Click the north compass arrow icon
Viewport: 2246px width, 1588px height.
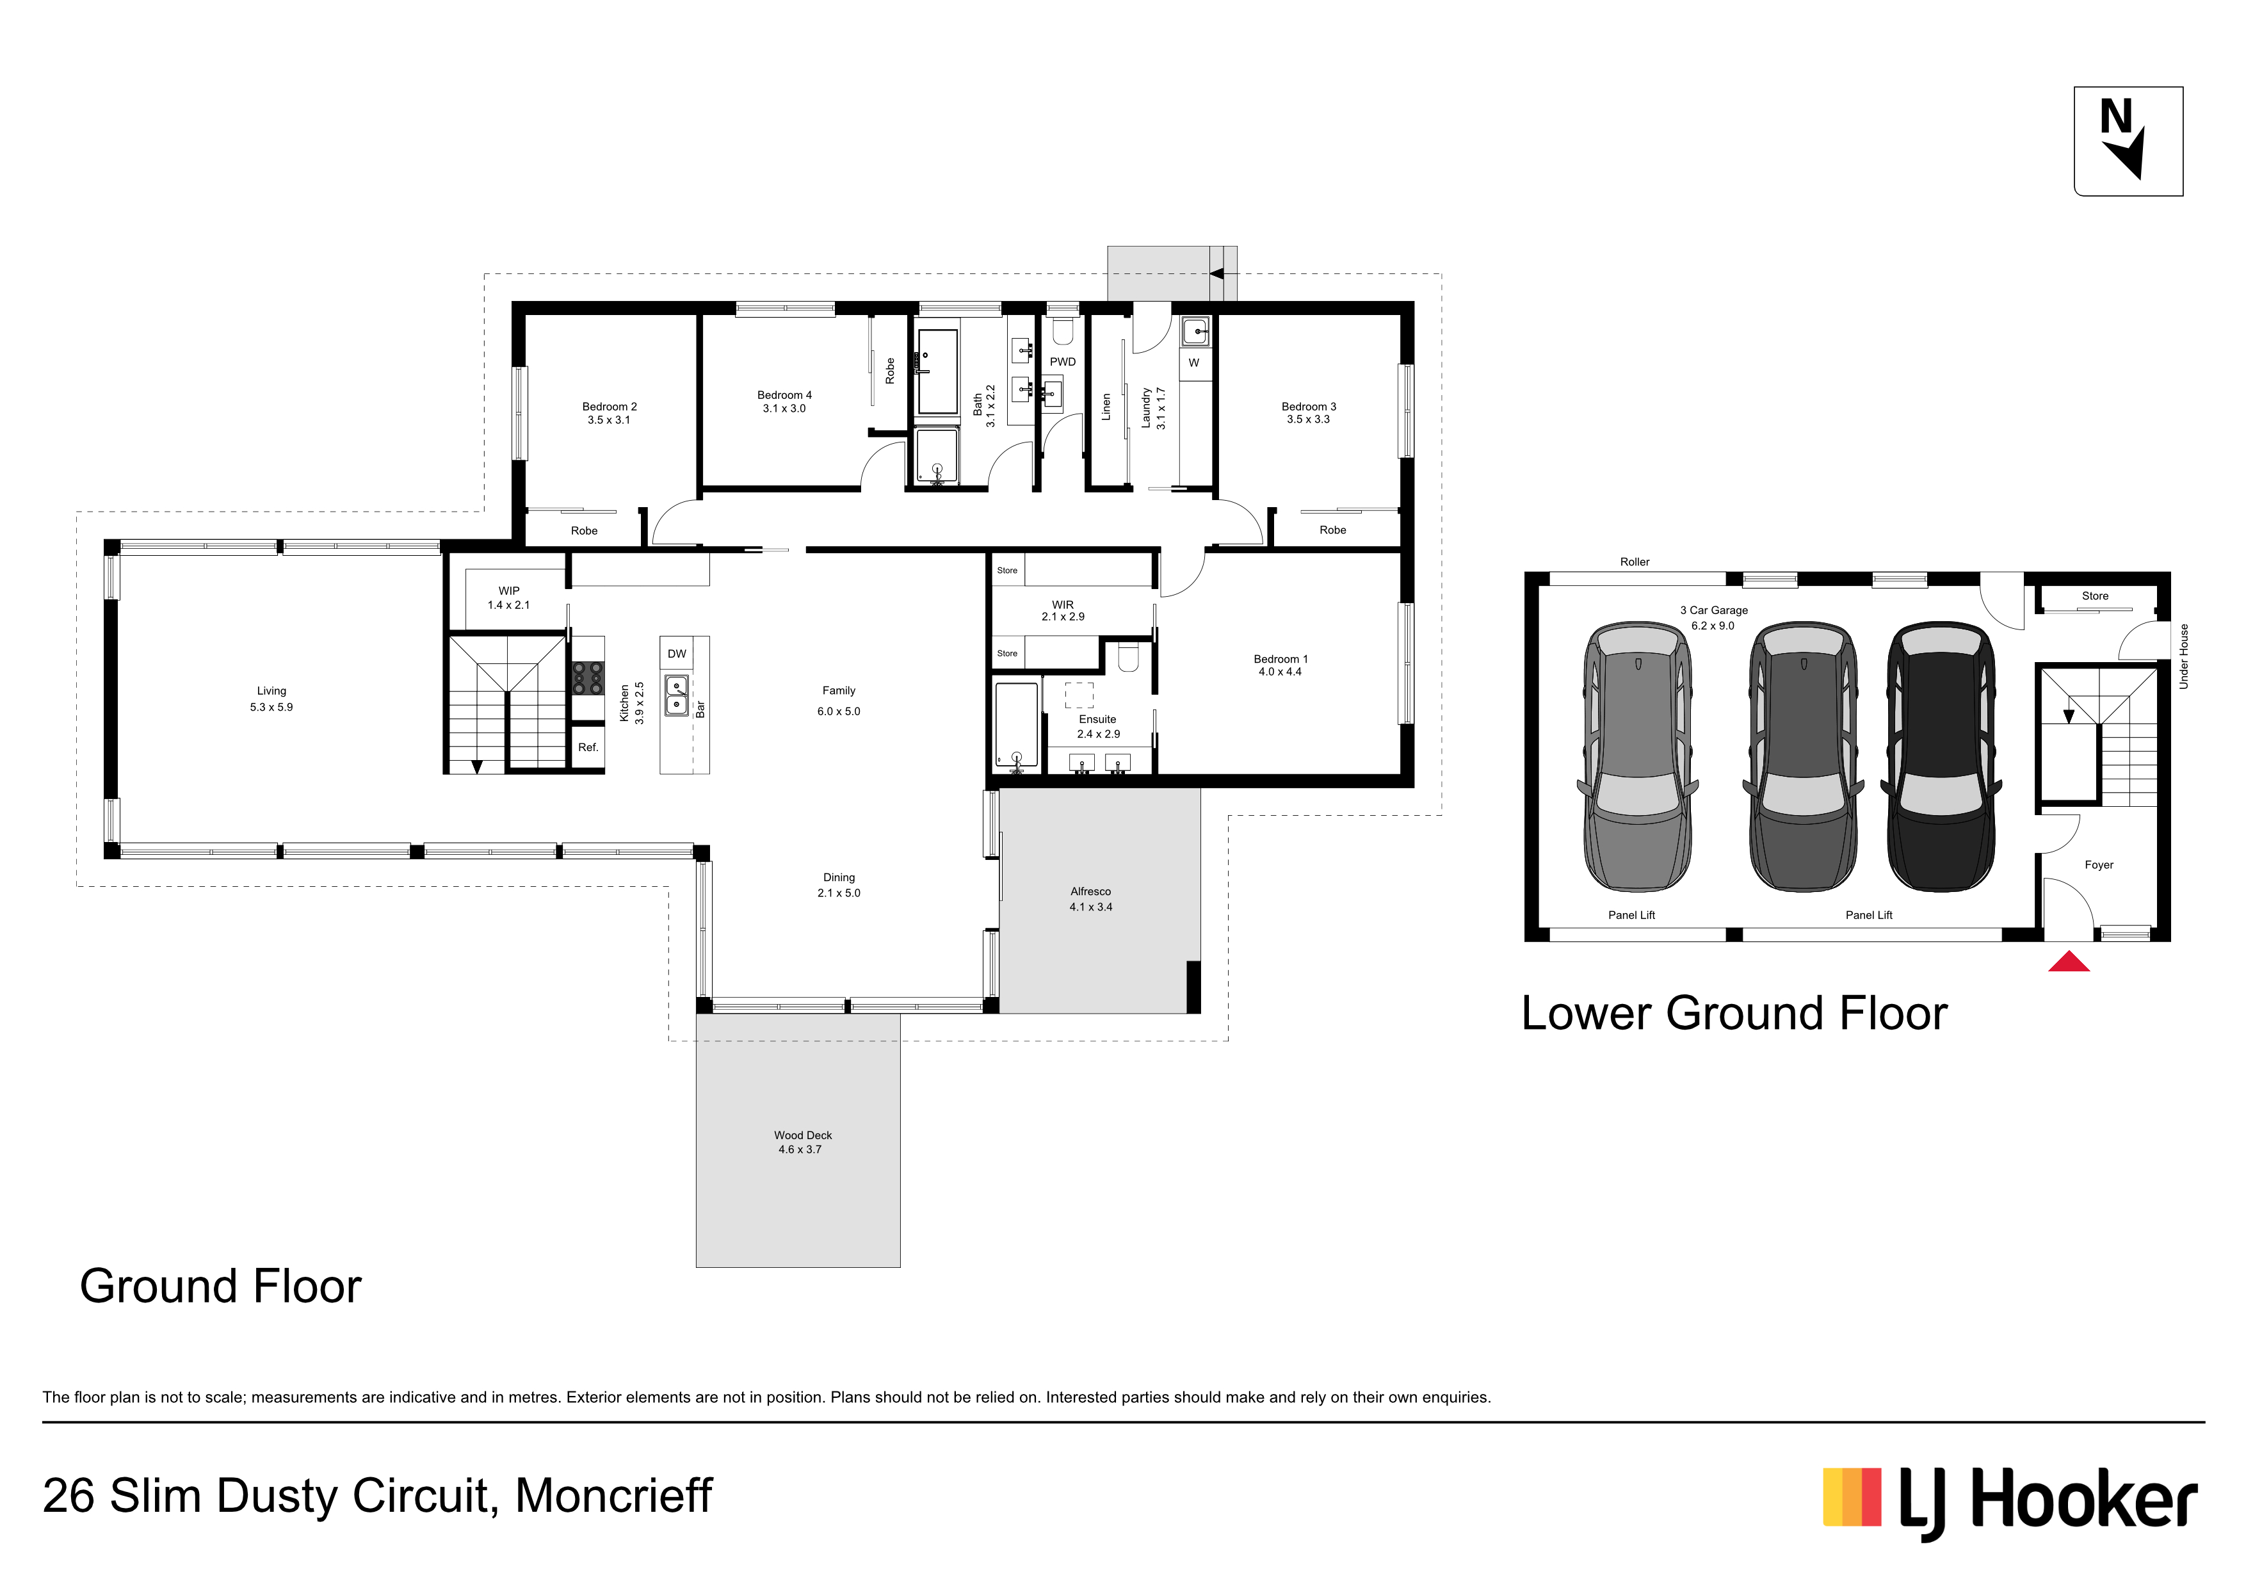coord(2128,141)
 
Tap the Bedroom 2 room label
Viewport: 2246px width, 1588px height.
coord(610,413)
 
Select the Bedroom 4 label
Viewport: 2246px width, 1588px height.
coord(784,401)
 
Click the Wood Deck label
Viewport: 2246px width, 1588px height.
coord(802,1142)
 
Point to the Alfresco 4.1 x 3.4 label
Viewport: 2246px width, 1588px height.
coord(1091,899)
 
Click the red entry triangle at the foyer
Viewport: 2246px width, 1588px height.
coord(2069,961)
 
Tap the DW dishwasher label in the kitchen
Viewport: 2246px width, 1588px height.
coord(677,654)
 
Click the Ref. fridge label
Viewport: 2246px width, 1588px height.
coord(588,747)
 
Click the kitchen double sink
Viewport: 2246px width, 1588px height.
coord(677,695)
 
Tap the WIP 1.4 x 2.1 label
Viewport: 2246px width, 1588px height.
coord(508,598)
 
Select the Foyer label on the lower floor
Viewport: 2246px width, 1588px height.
coord(2099,865)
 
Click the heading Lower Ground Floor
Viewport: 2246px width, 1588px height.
coord(1734,1014)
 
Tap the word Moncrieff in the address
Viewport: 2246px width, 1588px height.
coord(613,1496)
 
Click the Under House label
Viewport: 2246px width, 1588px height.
coord(2183,656)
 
